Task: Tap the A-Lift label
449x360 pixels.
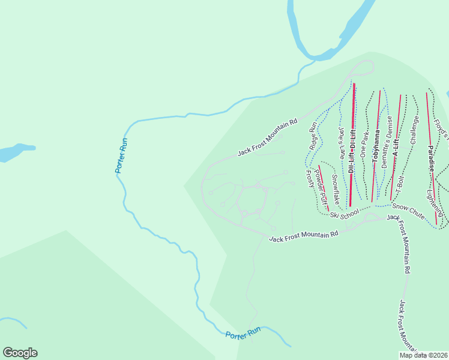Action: tap(396, 146)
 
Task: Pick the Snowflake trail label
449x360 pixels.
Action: tap(336, 188)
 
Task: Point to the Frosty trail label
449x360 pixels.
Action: tap(310, 179)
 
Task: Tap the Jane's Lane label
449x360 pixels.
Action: tap(342, 142)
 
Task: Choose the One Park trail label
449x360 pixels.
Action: tap(364, 144)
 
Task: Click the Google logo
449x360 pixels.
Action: tap(20, 353)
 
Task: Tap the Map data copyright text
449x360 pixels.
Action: tap(423, 355)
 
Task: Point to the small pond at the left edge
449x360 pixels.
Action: tap(15, 152)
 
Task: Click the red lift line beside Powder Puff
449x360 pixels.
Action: tap(324, 187)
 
